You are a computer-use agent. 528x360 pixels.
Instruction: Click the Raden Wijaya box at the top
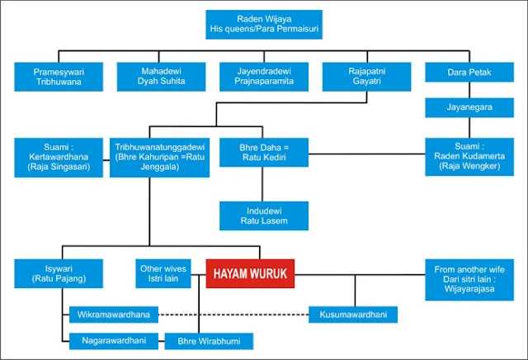tap(264, 26)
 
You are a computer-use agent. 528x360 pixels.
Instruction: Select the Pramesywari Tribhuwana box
tap(59, 77)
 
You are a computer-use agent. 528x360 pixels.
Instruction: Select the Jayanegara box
tap(469, 107)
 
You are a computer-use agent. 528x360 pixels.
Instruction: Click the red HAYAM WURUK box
tap(250, 273)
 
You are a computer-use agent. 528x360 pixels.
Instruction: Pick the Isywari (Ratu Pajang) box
tap(59, 273)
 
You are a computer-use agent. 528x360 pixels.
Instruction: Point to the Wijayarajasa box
tap(469, 278)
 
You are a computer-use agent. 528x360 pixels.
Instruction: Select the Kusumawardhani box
tap(353, 315)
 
